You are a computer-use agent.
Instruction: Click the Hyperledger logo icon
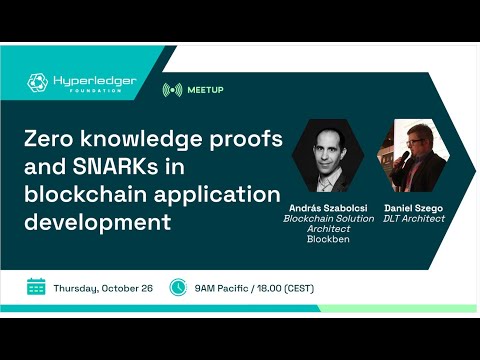tap(38, 82)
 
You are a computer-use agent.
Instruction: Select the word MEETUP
tap(205, 90)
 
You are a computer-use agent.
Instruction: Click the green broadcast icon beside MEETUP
tap(172, 90)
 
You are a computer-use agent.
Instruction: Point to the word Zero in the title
tap(51, 139)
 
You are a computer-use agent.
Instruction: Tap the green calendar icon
tap(37, 287)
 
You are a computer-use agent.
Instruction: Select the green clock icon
tap(178, 287)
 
